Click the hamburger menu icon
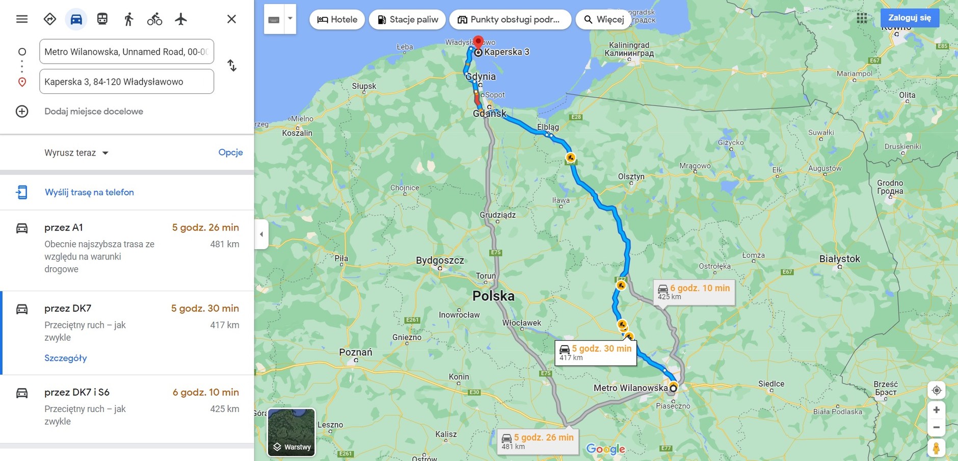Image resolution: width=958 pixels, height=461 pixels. coord(22,19)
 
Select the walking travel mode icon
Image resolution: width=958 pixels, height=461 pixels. coord(128,19)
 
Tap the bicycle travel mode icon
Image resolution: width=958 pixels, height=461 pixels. coord(154,19)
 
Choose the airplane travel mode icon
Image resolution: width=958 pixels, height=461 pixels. coord(181,19)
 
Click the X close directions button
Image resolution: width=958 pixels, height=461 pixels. coord(231,19)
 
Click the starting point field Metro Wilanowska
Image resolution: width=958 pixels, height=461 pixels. coord(126,52)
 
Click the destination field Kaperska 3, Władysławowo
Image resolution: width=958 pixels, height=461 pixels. coord(126,82)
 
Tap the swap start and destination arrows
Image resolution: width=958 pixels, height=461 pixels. coord(232,66)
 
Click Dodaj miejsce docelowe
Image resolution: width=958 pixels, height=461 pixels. coord(94,111)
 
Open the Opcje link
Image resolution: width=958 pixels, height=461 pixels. coord(230,152)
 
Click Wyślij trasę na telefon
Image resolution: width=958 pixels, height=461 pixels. coord(89,192)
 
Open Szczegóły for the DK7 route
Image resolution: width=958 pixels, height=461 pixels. coord(66,358)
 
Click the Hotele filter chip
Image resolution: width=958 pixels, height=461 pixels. coord(337,19)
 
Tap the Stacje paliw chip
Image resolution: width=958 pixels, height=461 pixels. coord(408,19)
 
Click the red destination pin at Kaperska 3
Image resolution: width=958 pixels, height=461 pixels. coord(478,42)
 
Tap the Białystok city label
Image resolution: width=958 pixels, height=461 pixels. coord(839,259)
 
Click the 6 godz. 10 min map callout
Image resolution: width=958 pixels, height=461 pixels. coord(694,292)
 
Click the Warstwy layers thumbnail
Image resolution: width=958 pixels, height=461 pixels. coord(291,432)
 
